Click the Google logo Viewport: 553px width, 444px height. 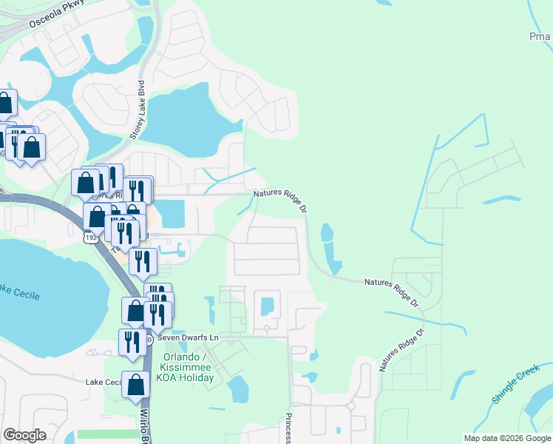click(24, 435)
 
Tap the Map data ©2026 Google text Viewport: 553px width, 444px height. click(507, 438)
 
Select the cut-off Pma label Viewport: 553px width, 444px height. click(540, 36)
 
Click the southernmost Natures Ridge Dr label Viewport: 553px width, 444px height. click(401, 350)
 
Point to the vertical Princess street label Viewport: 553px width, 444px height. click(288, 425)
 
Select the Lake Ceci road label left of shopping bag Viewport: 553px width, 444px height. click(103, 382)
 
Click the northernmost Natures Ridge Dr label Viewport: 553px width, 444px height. click(280, 198)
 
